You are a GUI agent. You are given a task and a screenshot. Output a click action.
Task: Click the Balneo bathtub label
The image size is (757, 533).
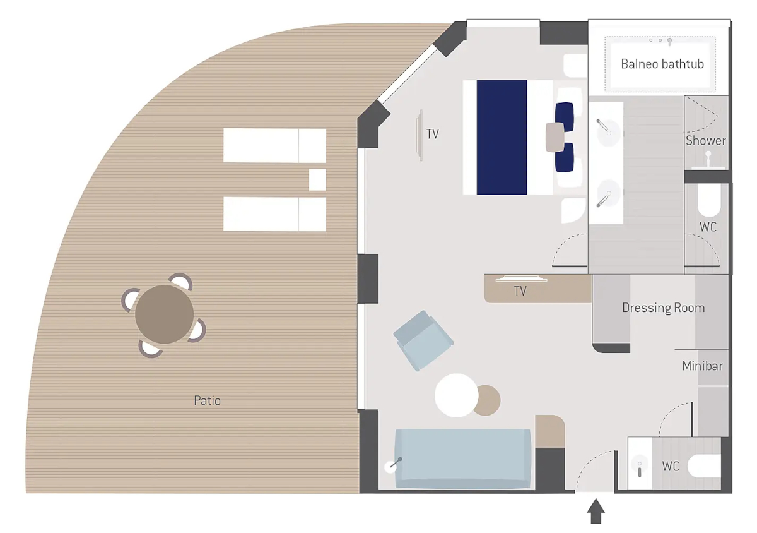[662, 64]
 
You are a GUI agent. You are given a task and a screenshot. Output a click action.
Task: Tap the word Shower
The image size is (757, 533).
[706, 140]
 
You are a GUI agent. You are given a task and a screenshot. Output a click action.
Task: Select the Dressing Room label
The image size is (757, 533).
[664, 308]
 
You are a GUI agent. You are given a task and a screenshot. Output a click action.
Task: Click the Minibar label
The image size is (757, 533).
[702, 366]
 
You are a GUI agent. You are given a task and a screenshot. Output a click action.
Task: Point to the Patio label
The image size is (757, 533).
[207, 400]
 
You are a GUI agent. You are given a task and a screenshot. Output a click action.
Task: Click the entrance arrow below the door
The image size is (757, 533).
[596, 511]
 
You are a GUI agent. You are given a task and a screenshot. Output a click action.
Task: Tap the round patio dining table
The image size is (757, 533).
[164, 314]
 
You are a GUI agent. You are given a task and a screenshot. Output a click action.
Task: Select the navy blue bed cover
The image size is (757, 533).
[502, 137]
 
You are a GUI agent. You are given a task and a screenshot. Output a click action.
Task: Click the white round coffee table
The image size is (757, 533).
[456, 395]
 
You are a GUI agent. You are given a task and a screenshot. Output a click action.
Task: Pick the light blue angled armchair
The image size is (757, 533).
[423, 340]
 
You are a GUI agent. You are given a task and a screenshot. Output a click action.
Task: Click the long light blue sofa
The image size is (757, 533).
[462, 459]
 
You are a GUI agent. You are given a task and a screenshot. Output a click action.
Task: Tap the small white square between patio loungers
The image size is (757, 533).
[317, 179]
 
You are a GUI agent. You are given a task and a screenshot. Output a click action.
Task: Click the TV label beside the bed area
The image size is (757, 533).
[433, 134]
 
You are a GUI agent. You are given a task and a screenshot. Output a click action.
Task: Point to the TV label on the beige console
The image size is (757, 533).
[520, 291]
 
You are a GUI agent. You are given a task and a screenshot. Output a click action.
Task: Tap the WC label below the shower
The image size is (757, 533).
[708, 227]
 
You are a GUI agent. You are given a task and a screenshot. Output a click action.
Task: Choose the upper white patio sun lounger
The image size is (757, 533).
[275, 145]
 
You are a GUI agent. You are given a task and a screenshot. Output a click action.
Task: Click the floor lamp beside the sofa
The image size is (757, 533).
[392, 465]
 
